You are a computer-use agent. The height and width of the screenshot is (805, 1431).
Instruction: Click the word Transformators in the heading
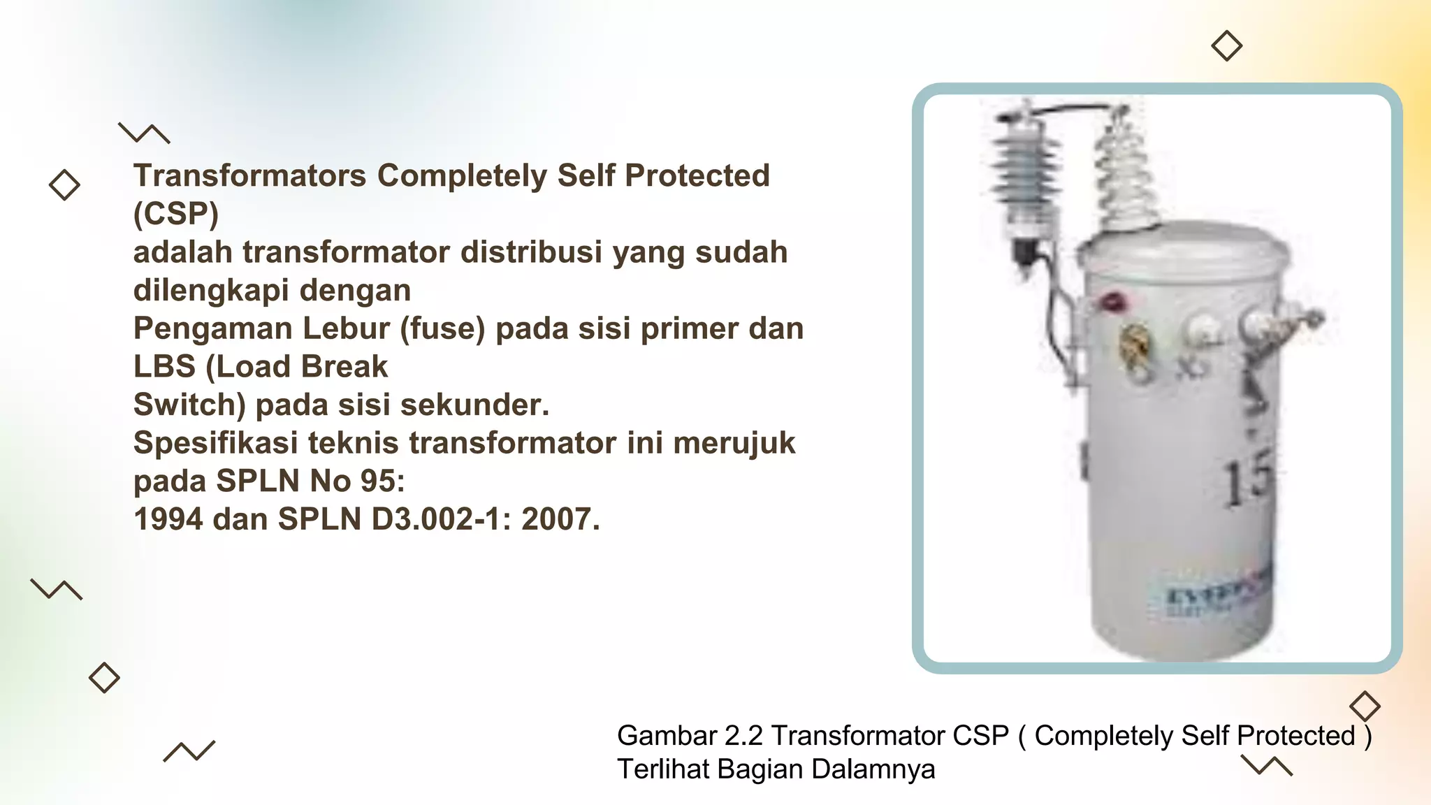click(x=249, y=175)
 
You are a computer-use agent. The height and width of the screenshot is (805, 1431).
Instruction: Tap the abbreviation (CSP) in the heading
click(x=175, y=214)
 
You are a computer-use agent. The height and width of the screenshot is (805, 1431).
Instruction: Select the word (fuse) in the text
click(x=442, y=328)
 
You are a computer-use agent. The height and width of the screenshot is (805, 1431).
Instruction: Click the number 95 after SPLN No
click(x=382, y=481)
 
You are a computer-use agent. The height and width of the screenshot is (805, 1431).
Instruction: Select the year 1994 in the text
click(x=168, y=519)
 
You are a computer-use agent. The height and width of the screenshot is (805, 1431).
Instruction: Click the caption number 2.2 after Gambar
click(x=743, y=736)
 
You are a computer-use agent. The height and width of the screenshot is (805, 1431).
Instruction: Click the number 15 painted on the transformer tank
click(x=1249, y=479)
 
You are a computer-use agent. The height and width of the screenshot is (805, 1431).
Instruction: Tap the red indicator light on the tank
click(x=1111, y=302)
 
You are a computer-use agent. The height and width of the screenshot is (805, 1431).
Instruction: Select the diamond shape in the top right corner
click(x=1226, y=46)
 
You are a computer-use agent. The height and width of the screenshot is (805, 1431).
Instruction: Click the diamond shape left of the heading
click(x=64, y=185)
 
